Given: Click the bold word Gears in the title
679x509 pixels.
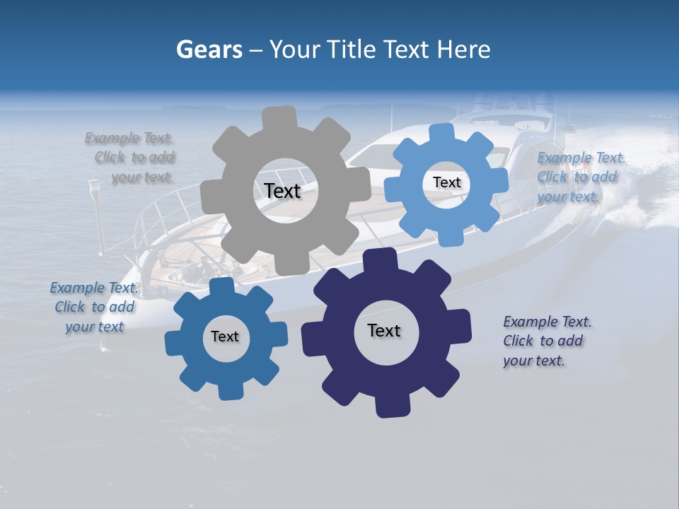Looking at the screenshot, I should tap(209, 49).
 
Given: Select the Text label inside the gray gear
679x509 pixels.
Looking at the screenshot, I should tap(282, 191).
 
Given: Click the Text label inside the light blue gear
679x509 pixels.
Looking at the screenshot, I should tap(446, 182).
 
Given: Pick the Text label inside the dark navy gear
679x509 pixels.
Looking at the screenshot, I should tap(384, 330).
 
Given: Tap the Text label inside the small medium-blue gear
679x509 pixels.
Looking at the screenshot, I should tap(225, 337).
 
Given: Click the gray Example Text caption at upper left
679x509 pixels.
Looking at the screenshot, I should tap(130, 157).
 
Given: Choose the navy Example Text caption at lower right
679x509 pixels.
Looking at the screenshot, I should tap(546, 341).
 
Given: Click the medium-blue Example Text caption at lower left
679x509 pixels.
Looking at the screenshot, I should tap(94, 307).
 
